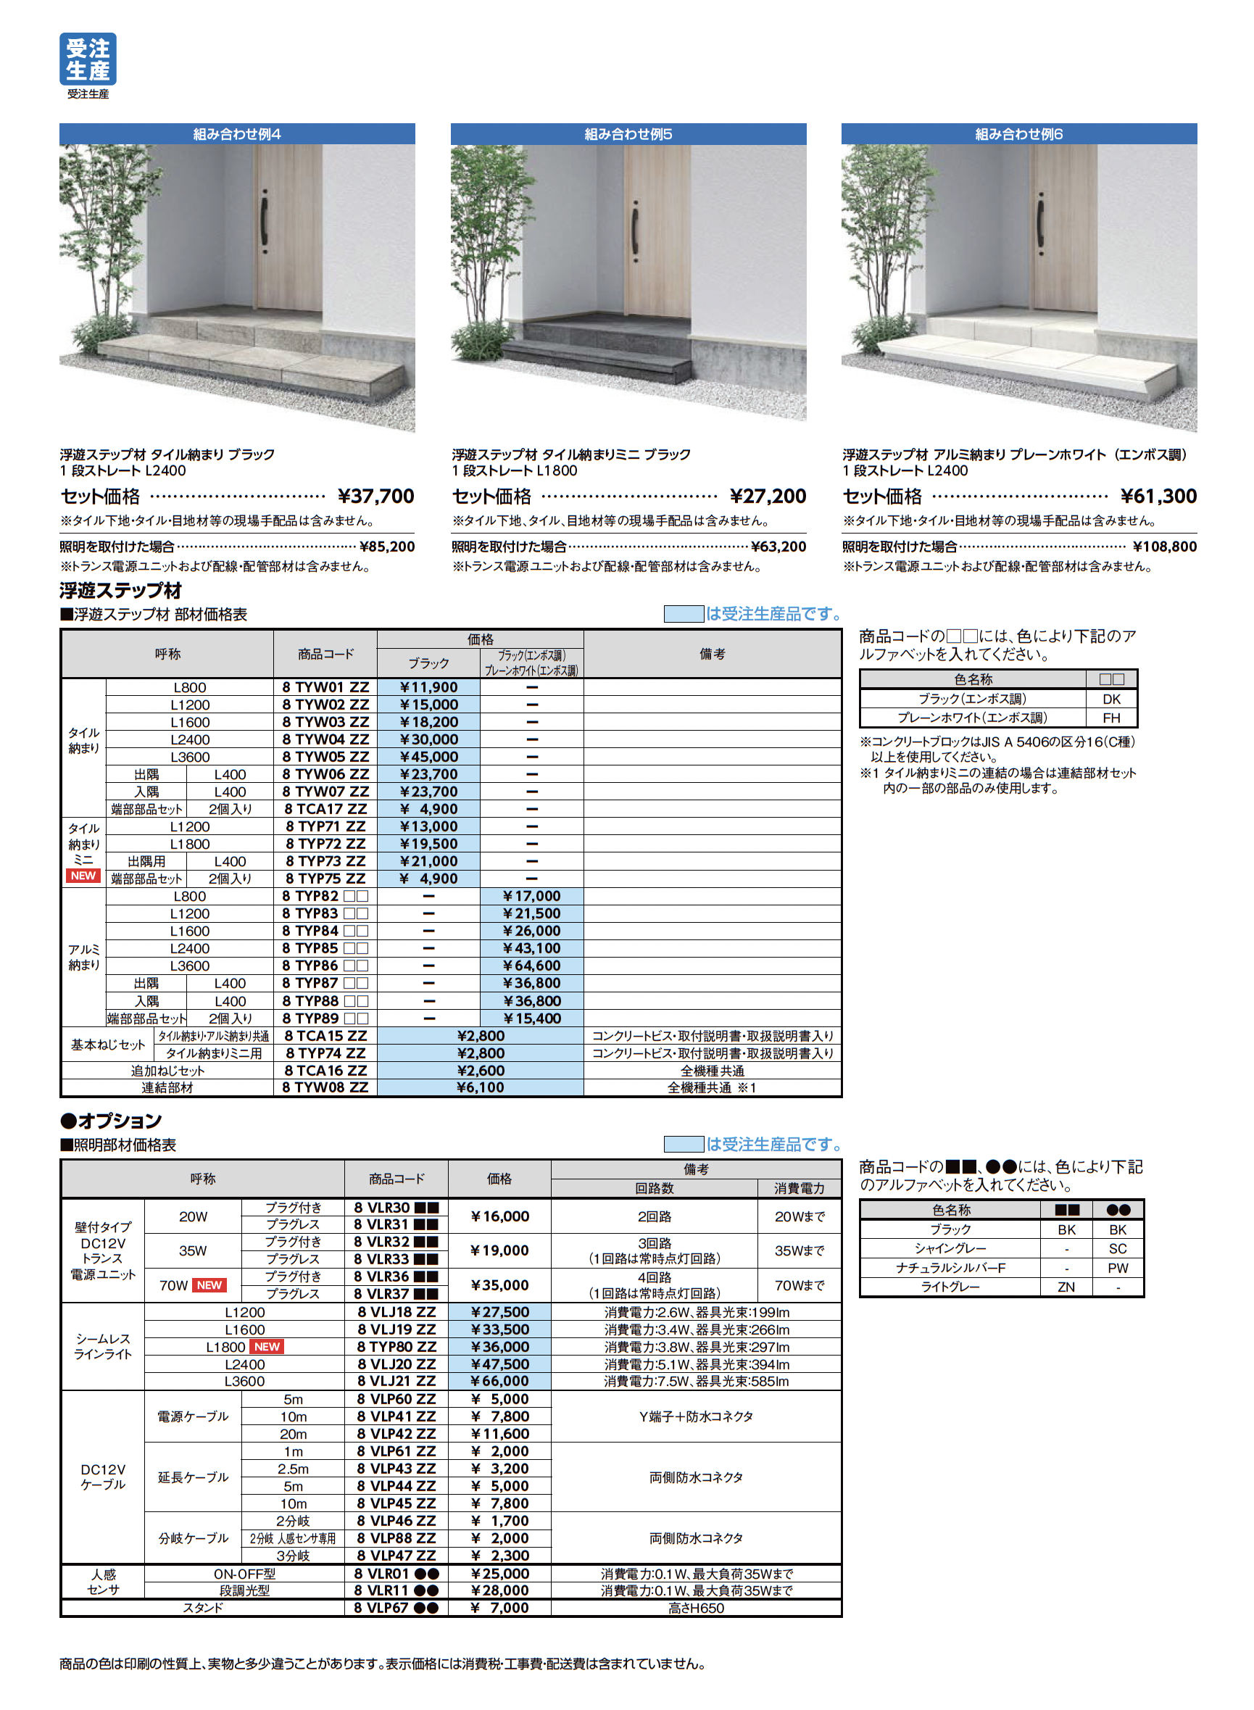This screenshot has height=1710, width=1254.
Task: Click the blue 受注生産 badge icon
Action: (87, 59)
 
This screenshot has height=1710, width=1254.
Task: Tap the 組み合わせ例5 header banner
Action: (628, 134)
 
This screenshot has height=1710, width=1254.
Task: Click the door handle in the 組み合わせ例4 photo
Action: (264, 221)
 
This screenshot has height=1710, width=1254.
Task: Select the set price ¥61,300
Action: (1158, 497)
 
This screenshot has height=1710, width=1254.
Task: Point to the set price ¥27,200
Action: (768, 497)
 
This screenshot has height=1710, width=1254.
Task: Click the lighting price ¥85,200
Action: (386, 547)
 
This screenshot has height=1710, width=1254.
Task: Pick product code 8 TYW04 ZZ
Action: (325, 739)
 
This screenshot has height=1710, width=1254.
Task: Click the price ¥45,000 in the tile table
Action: (429, 757)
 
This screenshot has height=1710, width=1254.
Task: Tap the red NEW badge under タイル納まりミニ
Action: (83, 875)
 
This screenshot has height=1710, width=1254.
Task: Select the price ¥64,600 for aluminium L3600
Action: (531, 966)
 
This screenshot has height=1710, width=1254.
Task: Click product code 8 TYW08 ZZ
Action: (325, 1087)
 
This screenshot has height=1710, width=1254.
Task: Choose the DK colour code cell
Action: (1111, 699)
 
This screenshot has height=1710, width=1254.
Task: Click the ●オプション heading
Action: (111, 1120)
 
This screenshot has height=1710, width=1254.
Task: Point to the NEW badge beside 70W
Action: (209, 1285)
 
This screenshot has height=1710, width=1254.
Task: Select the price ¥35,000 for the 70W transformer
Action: (499, 1285)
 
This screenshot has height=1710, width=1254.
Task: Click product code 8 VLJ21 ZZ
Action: (396, 1381)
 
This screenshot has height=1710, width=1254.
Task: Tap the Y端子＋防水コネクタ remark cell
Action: (695, 1416)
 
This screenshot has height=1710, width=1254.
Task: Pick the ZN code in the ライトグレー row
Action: (1066, 1287)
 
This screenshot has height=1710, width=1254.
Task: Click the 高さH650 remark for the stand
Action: (695, 1608)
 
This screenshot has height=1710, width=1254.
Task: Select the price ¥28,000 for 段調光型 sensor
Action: (499, 1590)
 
